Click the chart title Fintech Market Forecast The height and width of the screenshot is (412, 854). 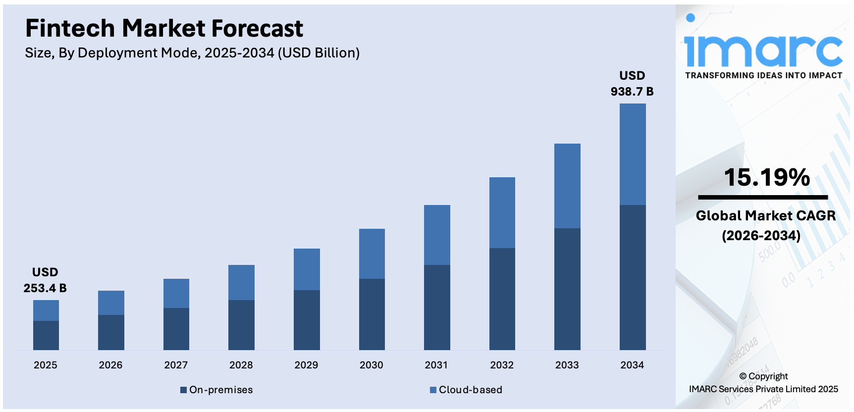tap(164, 28)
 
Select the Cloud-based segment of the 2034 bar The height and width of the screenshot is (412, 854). tap(633, 154)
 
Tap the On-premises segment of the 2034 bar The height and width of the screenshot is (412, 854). tap(633, 277)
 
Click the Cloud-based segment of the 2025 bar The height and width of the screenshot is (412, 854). tap(46, 310)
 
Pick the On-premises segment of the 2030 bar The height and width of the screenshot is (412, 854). tap(372, 314)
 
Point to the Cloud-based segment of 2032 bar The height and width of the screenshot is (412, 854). tap(502, 212)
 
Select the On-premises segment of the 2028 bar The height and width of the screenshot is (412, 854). tap(241, 325)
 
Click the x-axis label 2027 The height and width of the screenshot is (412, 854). tap(176, 365)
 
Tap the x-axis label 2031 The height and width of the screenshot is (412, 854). tap(436, 365)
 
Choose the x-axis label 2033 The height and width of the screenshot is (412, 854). tap(567, 365)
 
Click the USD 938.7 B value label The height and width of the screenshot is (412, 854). tap(632, 84)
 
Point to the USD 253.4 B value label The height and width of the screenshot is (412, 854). tap(45, 280)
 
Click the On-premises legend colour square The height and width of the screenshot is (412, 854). tap(183, 390)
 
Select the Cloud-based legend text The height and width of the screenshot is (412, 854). tap(471, 390)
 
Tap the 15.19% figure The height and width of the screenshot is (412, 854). tap(766, 177)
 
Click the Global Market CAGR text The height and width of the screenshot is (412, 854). tap(765, 216)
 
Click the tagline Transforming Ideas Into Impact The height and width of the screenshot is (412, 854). tap(763, 75)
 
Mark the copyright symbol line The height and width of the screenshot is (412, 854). tap(763, 376)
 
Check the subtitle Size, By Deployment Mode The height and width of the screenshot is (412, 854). tap(192, 53)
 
